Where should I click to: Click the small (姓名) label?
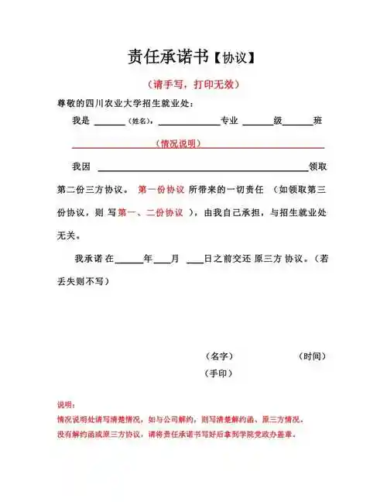pos(141,122)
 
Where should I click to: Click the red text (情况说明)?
pos(179,144)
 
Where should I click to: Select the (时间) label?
pos(312,356)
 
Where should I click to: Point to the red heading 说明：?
pos(67,404)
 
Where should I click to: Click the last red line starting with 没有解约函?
pos(177,434)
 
